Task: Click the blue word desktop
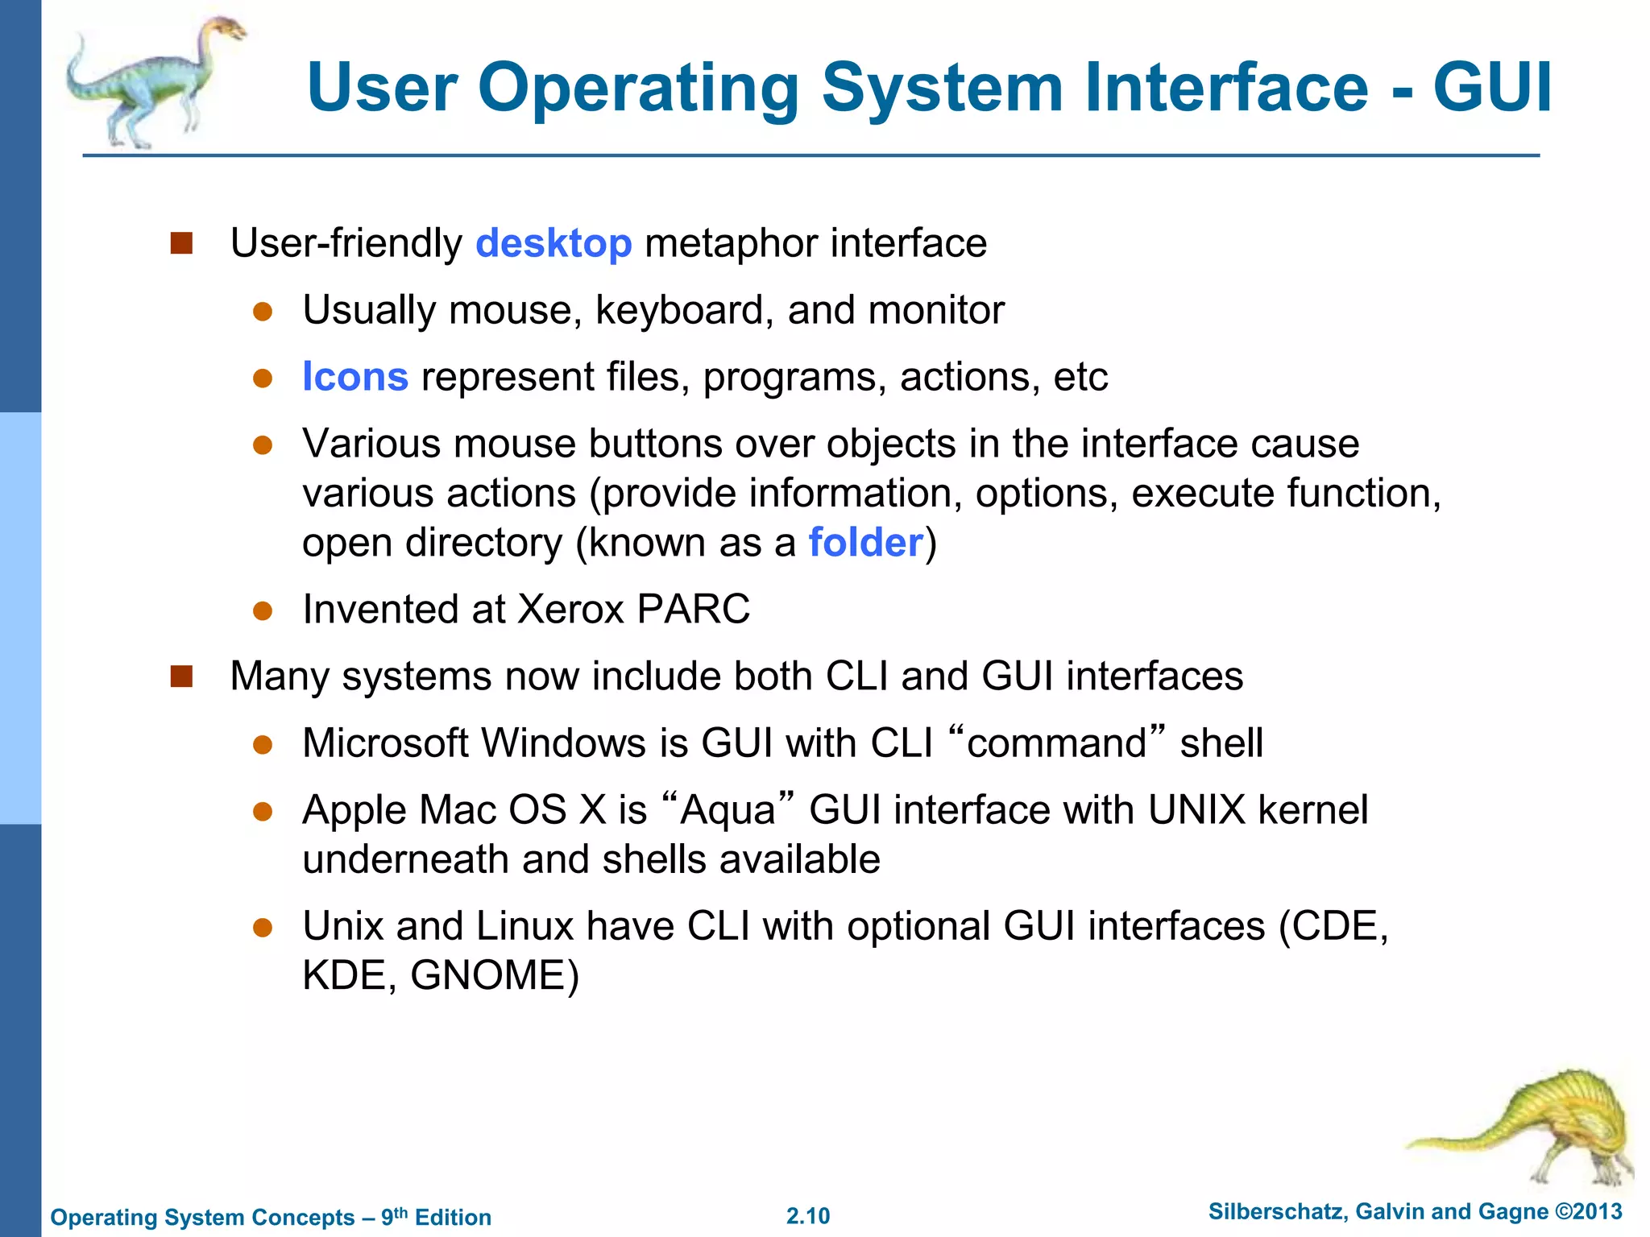[553, 243]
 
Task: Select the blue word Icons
[355, 377]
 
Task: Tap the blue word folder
[865, 543]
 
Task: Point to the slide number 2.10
[808, 1216]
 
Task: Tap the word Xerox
[570, 610]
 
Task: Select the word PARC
[693, 610]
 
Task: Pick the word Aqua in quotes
[728, 810]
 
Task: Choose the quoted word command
[1056, 743]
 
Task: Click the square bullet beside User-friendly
[182, 243]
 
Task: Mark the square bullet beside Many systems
[182, 676]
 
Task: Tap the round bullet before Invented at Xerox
[263, 610]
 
